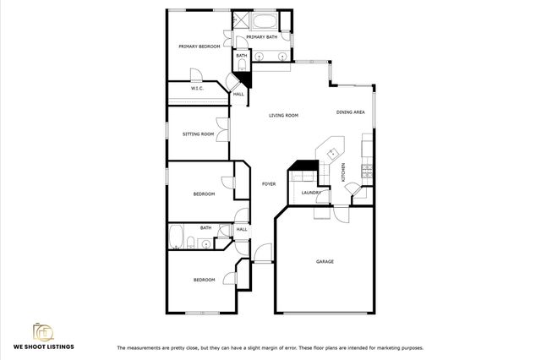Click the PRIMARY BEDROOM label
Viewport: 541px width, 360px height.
[x=199, y=46]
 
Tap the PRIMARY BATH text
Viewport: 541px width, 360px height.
[x=261, y=37]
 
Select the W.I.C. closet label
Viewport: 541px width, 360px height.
[x=196, y=88]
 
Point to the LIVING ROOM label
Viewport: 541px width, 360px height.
[x=284, y=115]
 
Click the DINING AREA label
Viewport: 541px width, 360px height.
[x=350, y=112]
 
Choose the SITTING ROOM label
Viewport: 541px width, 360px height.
[x=198, y=134]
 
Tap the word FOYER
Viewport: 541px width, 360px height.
[x=269, y=183]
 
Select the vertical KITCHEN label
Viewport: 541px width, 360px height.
[x=343, y=172]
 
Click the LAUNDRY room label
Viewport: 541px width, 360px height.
[x=309, y=194]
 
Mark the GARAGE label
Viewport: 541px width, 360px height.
[x=325, y=261]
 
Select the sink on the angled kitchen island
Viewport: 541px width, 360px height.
[x=333, y=153]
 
